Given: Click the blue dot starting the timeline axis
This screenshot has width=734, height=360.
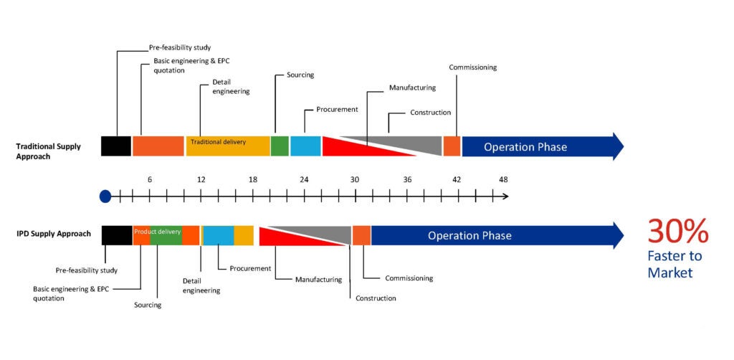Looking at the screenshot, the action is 105,196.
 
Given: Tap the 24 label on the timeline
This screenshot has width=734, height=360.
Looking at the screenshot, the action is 304,180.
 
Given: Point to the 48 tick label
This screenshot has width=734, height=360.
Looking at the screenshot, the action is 503,180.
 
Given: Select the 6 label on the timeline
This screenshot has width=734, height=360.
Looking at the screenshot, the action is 150,180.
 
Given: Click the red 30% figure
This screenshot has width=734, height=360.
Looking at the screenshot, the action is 678,232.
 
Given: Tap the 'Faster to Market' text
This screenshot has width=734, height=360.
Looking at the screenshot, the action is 675,265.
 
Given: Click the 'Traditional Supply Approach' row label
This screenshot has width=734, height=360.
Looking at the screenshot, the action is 48,151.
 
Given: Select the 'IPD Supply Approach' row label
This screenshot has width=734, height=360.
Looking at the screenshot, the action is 53,233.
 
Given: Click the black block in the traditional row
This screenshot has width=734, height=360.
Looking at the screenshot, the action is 116,146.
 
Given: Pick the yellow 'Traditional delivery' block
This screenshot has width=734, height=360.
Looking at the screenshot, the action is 228,146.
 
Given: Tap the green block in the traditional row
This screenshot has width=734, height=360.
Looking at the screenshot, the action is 280,146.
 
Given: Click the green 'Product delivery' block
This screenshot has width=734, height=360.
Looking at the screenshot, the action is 166,235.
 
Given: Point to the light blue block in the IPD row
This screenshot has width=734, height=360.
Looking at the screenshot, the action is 219,235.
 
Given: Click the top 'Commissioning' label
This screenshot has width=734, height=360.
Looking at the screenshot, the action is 473,67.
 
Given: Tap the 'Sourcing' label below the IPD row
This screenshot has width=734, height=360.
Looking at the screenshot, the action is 148,305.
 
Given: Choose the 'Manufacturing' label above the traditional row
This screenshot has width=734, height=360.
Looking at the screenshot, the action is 412,87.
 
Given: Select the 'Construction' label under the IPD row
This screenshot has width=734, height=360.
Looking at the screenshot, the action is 376,298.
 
